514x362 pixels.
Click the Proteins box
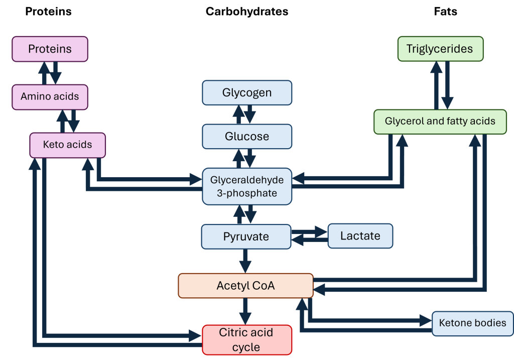point(50,49)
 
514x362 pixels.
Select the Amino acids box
point(50,96)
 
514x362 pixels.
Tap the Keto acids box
point(67,145)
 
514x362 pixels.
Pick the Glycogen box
point(246,93)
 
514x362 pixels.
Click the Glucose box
point(246,137)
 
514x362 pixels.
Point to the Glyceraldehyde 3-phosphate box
point(246,186)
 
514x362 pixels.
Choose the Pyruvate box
point(246,236)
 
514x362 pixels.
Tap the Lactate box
point(360,236)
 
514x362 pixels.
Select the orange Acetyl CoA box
point(245,286)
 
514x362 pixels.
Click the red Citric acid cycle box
point(246,340)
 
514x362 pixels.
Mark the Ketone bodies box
point(472,323)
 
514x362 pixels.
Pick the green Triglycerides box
point(440,49)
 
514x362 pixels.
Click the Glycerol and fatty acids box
point(440,122)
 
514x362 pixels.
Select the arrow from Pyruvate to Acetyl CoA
point(245,261)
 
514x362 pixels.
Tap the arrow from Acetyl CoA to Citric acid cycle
point(245,311)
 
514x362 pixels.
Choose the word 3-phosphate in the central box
point(247,193)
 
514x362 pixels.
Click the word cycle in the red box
point(246,347)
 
